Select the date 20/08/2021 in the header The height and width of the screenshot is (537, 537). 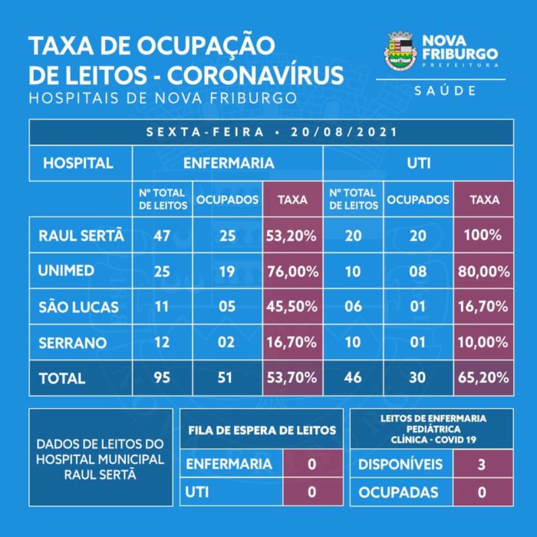344,132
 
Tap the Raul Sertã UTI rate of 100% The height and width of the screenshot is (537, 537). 483,236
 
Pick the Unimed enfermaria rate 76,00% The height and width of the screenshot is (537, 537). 292,272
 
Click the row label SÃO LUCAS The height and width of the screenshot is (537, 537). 79,307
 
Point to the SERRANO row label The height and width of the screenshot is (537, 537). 74,342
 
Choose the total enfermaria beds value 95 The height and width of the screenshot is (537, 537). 161,378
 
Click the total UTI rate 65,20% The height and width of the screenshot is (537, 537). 483,378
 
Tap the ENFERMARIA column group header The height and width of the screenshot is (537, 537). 228,163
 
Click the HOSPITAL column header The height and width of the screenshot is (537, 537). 78,163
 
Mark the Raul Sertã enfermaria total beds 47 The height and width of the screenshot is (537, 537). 161,236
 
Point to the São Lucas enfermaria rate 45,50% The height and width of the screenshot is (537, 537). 292,307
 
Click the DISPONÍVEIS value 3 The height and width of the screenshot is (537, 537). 481,464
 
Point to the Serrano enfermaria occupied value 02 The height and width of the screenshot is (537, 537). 226,342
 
